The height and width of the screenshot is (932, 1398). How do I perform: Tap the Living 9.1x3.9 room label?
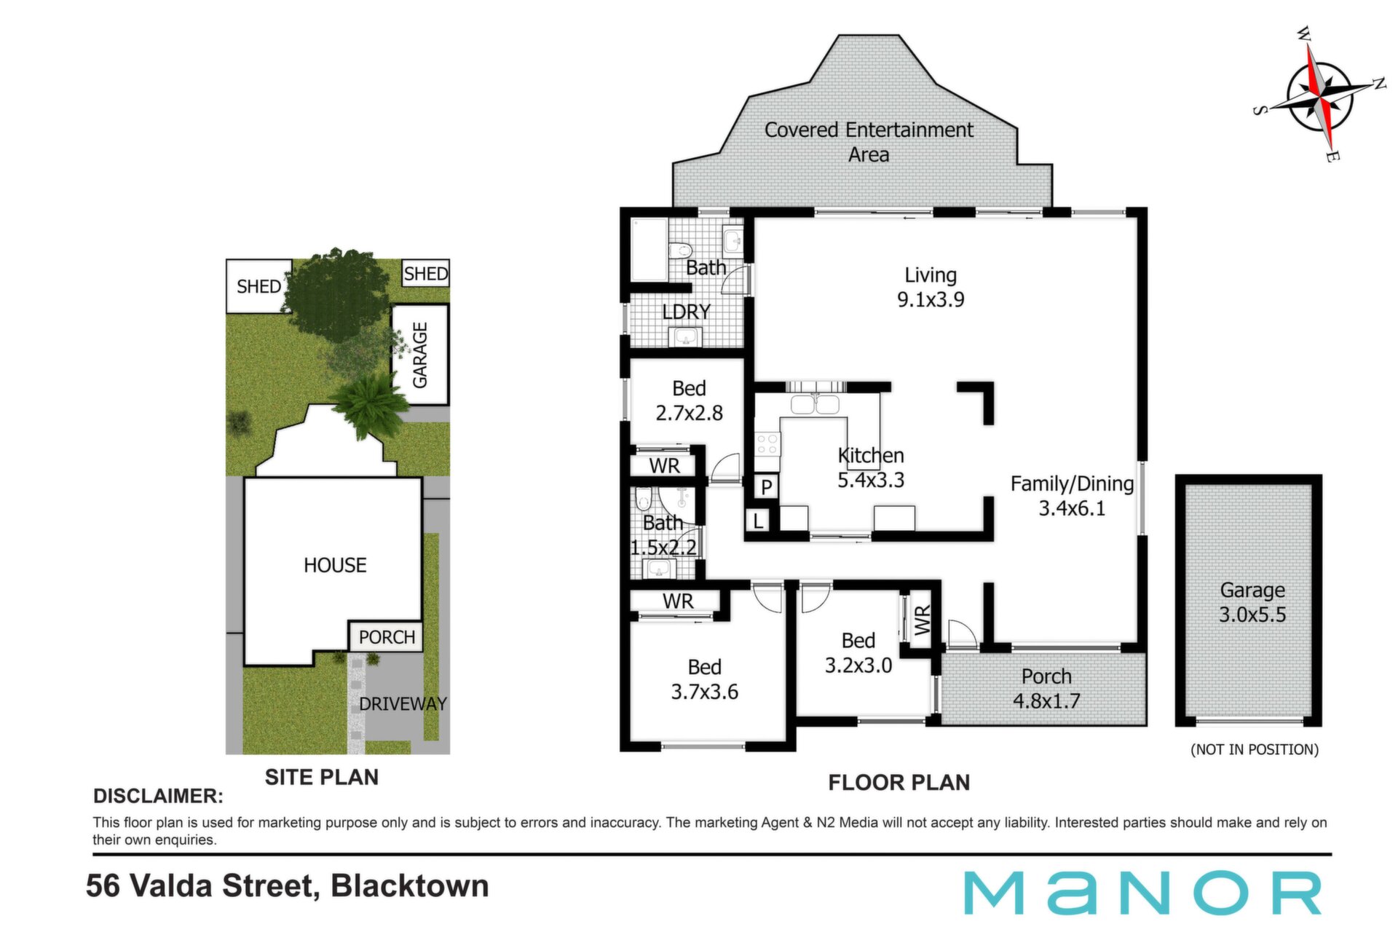pos(931,287)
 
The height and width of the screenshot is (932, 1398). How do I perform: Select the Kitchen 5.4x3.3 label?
pos(871,467)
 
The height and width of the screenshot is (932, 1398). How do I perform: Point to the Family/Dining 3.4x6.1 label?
pos(1072,496)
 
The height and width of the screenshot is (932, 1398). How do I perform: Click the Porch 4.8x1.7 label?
pos(1046,688)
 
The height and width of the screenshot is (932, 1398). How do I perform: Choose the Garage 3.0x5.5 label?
pos(1252,601)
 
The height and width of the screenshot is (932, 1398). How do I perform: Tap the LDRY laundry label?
pos(686,312)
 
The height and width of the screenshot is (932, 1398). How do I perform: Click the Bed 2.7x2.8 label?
pos(689,400)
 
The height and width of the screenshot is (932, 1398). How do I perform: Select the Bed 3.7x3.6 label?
pos(704,679)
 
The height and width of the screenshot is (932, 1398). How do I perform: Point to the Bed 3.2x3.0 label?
pos(858,652)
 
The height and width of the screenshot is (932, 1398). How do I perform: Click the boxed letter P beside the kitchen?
pos(766,486)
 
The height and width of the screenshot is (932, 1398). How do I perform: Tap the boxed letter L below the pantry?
pos(758,521)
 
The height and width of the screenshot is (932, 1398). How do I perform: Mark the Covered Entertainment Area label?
pos(869,142)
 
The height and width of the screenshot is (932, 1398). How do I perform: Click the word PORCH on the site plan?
pos(387,637)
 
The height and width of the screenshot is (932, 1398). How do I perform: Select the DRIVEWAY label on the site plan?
pos(403,703)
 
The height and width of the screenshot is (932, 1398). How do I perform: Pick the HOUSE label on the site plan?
pos(335,565)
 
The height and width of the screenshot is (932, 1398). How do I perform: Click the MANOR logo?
pos(1142,893)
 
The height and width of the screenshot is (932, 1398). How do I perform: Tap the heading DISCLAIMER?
pos(158,796)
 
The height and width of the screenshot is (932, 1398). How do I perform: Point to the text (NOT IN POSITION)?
pos(1255,749)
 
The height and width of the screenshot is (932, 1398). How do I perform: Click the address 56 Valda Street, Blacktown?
pos(288,886)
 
